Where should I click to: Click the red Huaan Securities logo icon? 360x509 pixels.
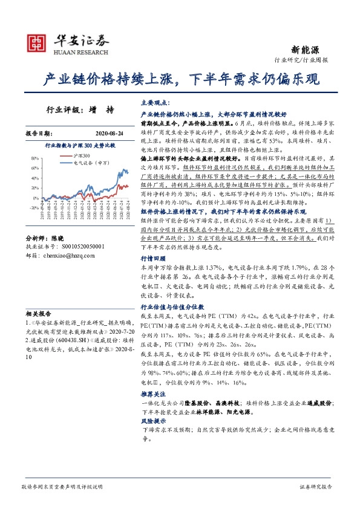[x=38, y=43]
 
